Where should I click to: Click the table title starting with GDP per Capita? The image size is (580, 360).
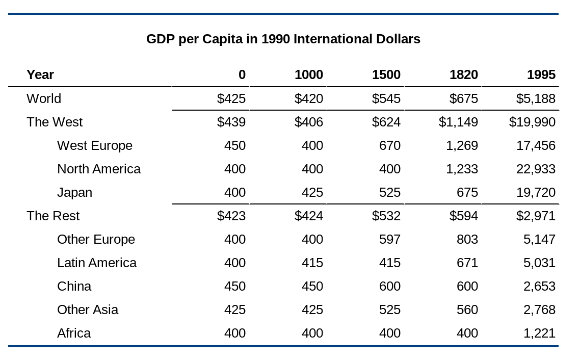pyautogui.click(x=283, y=39)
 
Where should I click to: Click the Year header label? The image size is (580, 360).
pyautogui.click(x=40, y=75)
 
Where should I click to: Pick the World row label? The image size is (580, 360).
pyautogui.click(x=44, y=98)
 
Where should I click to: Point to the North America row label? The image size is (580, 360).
pyautogui.click(x=98, y=169)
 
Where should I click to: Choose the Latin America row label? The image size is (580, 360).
pyautogui.click(x=96, y=263)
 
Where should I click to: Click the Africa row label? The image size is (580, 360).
pyautogui.click(x=74, y=333)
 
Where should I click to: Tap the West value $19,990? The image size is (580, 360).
pyautogui.click(x=532, y=122)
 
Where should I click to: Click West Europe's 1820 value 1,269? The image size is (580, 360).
pyautogui.click(x=462, y=145)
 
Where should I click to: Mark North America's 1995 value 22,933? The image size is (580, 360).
pyautogui.click(x=536, y=169)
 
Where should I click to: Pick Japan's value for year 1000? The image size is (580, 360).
pyautogui.click(x=312, y=192)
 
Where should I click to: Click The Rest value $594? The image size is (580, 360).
pyautogui.click(x=463, y=216)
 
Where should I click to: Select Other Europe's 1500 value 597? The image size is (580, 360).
pyautogui.click(x=389, y=239)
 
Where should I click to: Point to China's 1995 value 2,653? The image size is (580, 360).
pyautogui.click(x=539, y=286)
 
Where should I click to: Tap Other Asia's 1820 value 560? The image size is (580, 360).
pyautogui.click(x=467, y=310)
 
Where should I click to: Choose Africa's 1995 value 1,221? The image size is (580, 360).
pyautogui.click(x=539, y=333)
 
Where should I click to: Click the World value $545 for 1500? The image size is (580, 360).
pyautogui.click(x=386, y=98)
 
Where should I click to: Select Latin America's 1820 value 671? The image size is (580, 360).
pyautogui.click(x=467, y=263)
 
